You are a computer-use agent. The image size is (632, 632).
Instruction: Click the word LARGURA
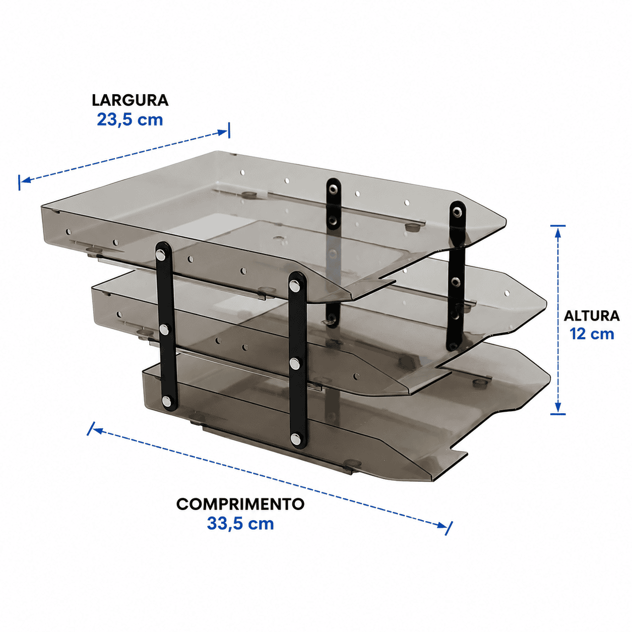click(130, 100)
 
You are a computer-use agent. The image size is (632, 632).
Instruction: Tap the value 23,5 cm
click(130, 120)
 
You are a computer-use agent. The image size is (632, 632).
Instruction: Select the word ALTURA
click(592, 316)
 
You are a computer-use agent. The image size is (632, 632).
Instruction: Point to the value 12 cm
click(592, 334)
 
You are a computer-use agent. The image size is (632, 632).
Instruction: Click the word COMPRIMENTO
click(240, 504)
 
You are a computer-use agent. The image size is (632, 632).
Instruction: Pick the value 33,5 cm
click(240, 524)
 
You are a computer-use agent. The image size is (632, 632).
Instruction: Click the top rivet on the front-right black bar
click(295, 285)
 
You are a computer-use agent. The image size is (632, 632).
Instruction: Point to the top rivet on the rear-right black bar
click(457, 212)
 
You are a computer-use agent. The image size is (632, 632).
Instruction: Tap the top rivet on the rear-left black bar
click(333, 188)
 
